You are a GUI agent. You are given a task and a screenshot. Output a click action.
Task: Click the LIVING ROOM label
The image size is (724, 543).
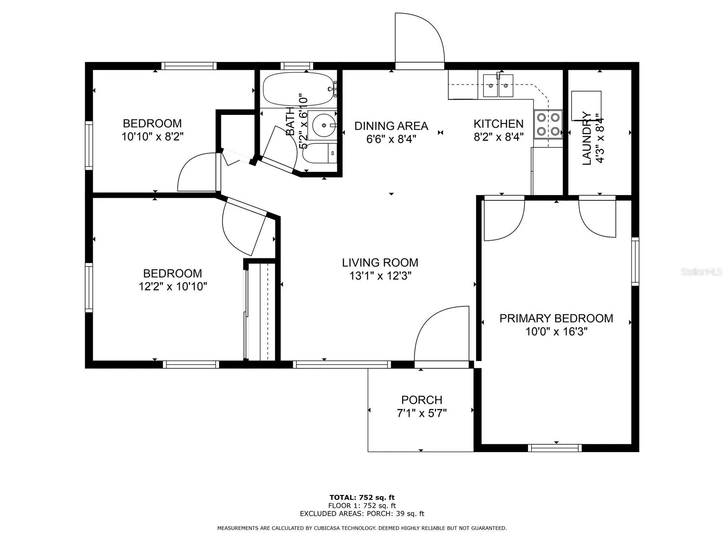[380, 262]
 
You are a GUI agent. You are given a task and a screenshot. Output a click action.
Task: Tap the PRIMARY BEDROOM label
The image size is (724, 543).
[556, 318]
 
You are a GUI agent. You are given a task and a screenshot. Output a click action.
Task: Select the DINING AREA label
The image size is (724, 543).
[391, 126]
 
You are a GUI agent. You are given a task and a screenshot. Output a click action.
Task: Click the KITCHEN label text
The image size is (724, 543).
[498, 124]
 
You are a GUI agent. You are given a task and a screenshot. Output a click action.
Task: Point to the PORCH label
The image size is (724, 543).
[422, 400]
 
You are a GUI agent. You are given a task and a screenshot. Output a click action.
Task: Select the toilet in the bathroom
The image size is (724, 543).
[319, 153]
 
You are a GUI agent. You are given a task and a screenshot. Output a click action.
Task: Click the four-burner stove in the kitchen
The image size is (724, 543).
[548, 124]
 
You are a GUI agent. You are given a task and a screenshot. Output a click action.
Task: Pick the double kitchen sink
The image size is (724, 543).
[498, 86]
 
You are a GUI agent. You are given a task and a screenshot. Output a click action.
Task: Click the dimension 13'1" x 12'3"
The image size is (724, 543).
[380, 276]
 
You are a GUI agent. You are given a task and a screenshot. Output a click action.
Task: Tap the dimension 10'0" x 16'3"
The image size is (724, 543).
[556, 331]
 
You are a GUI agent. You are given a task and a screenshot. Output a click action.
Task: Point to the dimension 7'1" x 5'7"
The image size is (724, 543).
[422, 413]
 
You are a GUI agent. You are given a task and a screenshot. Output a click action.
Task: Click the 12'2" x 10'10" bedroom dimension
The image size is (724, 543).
[172, 286]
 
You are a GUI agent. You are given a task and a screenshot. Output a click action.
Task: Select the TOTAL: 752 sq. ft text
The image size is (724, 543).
[362, 497]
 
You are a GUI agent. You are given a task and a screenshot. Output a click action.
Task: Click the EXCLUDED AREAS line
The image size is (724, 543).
[362, 513]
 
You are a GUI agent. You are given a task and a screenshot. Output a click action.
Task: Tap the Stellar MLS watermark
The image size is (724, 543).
[701, 271]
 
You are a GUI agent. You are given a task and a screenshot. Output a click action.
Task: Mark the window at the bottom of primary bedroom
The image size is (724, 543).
[555, 448]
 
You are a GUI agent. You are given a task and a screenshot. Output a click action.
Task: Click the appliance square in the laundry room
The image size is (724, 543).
[586, 105]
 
